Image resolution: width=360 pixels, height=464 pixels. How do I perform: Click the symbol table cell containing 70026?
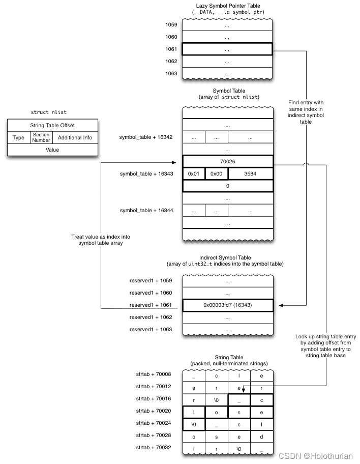(x=227, y=161)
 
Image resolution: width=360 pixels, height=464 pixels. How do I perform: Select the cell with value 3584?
(x=250, y=174)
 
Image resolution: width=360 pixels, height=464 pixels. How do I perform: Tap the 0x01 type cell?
(x=194, y=174)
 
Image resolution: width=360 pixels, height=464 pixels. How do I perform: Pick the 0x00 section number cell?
(x=217, y=174)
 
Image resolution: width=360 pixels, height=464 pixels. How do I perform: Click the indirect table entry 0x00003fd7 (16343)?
(x=227, y=305)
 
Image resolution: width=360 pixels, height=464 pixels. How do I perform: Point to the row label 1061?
(x=171, y=49)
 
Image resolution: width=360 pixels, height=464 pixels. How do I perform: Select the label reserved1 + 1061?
(x=151, y=305)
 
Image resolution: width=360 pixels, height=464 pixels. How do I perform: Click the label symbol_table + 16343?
(x=146, y=174)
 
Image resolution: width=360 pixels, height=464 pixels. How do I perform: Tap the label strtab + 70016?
(x=153, y=399)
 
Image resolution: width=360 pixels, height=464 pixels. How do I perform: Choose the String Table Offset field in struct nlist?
(x=52, y=125)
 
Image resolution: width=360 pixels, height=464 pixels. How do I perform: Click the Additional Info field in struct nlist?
(x=75, y=138)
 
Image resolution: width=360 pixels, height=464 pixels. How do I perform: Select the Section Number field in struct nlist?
(x=41, y=138)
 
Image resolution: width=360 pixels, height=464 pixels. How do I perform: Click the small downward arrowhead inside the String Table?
(x=244, y=390)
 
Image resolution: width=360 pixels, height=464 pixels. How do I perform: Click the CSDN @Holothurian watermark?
(x=324, y=455)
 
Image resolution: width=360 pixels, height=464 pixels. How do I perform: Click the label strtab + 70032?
(x=153, y=448)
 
